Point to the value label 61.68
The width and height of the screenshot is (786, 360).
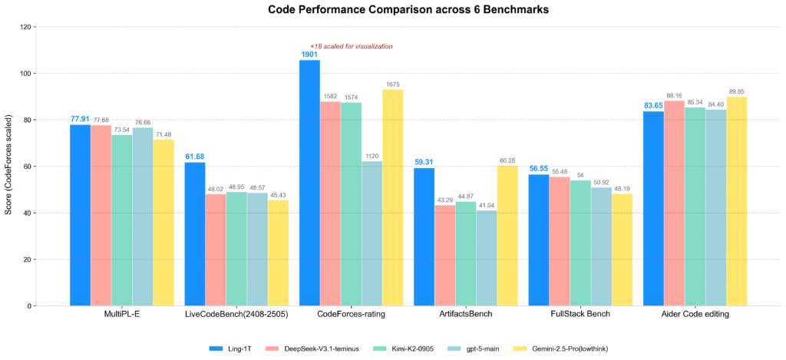(x=195, y=157)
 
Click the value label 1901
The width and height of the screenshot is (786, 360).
(x=309, y=54)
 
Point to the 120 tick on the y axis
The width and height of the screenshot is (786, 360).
(x=25, y=27)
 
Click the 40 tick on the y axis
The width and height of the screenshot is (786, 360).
(x=27, y=213)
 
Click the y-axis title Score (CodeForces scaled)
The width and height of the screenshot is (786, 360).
(x=8, y=167)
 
